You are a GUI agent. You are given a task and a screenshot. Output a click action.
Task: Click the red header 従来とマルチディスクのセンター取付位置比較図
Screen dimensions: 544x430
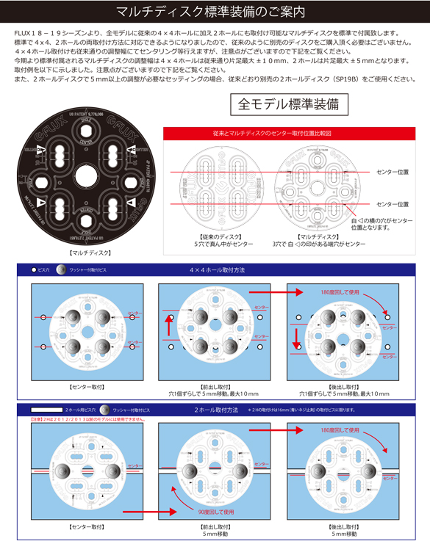click(291, 134)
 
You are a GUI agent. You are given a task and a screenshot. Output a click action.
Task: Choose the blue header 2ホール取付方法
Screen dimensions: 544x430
click(216, 410)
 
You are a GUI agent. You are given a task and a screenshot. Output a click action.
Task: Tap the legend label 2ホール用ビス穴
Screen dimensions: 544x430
click(79, 410)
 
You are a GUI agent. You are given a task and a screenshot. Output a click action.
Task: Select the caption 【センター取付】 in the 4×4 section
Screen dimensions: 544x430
click(87, 385)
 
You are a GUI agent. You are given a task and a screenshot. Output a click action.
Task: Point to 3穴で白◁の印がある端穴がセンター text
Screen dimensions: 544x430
click(319, 244)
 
